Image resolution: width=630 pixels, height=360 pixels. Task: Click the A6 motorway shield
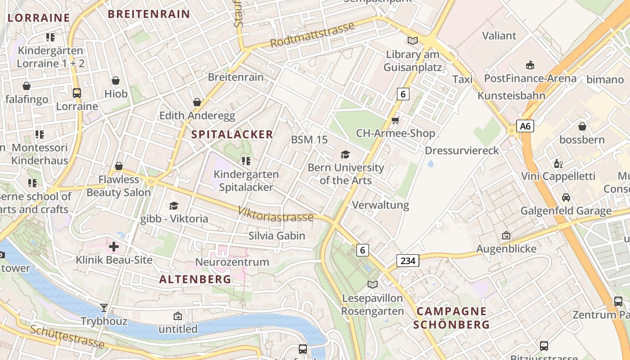click(525, 126)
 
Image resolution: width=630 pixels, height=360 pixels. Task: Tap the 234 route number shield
click(408, 261)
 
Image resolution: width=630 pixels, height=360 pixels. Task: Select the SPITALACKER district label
click(232, 134)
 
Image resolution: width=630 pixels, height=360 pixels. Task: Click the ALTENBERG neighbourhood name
click(195, 279)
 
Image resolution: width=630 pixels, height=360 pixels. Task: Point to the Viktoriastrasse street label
click(275, 215)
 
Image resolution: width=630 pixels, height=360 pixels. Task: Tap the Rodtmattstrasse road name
click(312, 36)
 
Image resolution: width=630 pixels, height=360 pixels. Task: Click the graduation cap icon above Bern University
click(345, 154)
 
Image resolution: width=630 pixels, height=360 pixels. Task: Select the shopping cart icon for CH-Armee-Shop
click(396, 120)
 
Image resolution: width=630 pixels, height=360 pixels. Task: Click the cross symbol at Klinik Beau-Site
click(114, 246)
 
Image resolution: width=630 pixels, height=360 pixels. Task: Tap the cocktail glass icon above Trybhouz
click(104, 308)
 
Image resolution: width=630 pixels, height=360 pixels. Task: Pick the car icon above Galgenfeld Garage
click(566, 197)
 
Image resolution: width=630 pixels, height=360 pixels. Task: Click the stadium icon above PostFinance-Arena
click(530, 65)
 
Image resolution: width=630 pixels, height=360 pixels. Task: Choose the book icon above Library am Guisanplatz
click(412, 41)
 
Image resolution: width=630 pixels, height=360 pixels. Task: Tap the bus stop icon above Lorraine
click(77, 93)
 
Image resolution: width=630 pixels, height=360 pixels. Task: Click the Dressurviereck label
click(462, 150)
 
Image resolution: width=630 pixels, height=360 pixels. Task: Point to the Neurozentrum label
click(232, 262)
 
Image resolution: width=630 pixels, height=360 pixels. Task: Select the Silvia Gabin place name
click(277, 236)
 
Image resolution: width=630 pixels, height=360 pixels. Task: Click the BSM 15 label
click(309, 139)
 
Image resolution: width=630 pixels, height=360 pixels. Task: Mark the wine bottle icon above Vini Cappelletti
click(558, 163)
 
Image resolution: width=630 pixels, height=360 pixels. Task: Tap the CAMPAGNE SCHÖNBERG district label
click(451, 318)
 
